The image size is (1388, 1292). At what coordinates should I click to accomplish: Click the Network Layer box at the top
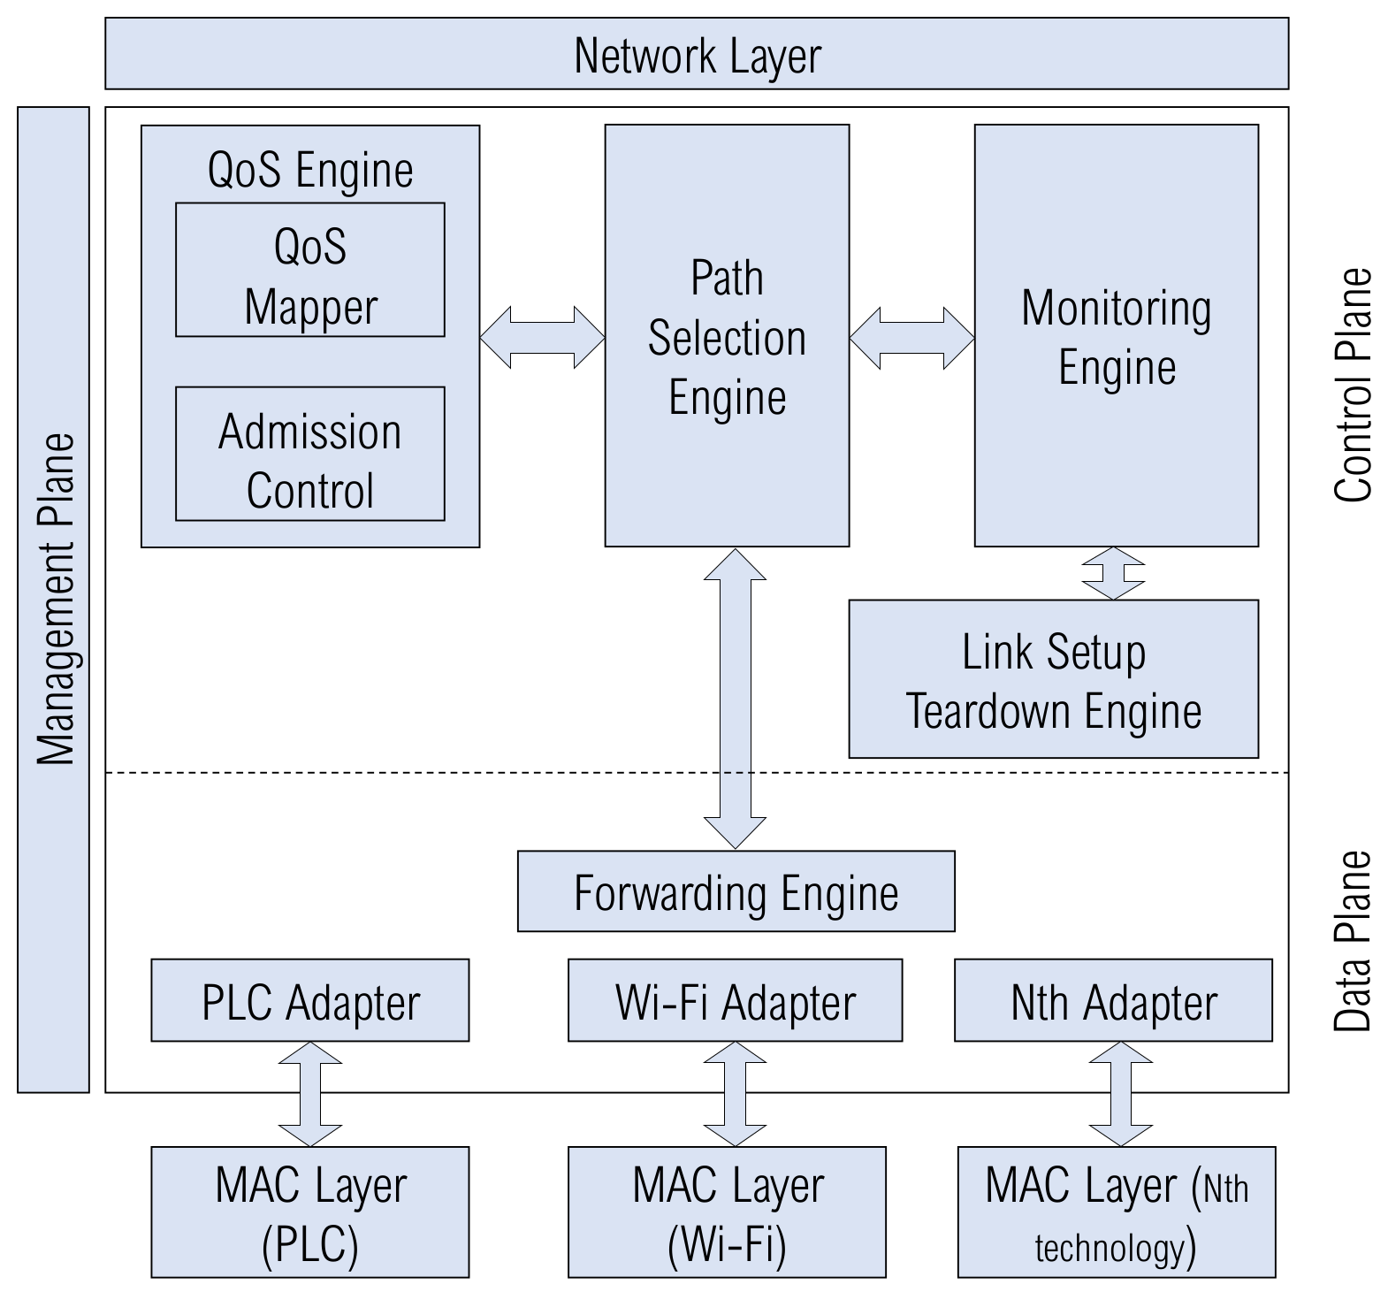(x=697, y=54)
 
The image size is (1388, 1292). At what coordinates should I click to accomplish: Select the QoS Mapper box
(x=309, y=271)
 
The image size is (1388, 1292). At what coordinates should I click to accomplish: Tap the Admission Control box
(x=309, y=454)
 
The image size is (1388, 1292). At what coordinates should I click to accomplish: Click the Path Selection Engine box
(x=727, y=336)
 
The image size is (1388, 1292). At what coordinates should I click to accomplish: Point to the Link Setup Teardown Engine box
(x=1053, y=679)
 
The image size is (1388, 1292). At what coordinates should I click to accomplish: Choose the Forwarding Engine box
(x=736, y=891)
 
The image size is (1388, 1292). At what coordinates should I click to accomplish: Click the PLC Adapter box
(x=309, y=1000)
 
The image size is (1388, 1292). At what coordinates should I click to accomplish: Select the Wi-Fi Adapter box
(x=735, y=1000)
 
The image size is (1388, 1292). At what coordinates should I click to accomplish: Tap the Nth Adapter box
(x=1113, y=1000)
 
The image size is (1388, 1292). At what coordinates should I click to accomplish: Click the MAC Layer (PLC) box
(x=309, y=1212)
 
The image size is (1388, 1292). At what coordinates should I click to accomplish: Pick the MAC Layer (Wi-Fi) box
(x=727, y=1212)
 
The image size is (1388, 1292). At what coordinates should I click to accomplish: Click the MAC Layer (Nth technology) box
(x=1116, y=1212)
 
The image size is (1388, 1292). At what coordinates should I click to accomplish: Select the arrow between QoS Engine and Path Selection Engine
(x=542, y=337)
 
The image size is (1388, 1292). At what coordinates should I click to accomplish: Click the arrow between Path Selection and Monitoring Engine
(x=911, y=337)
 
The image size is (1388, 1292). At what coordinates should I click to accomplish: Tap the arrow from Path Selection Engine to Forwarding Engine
(x=735, y=699)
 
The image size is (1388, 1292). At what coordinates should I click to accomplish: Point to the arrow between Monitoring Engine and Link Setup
(x=1113, y=573)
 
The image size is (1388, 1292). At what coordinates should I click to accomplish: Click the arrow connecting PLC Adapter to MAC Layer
(x=309, y=1094)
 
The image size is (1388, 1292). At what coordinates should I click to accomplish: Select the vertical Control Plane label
(x=1353, y=386)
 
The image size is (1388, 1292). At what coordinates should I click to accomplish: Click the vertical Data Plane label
(x=1353, y=941)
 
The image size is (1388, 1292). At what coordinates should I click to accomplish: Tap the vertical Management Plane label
(x=55, y=600)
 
